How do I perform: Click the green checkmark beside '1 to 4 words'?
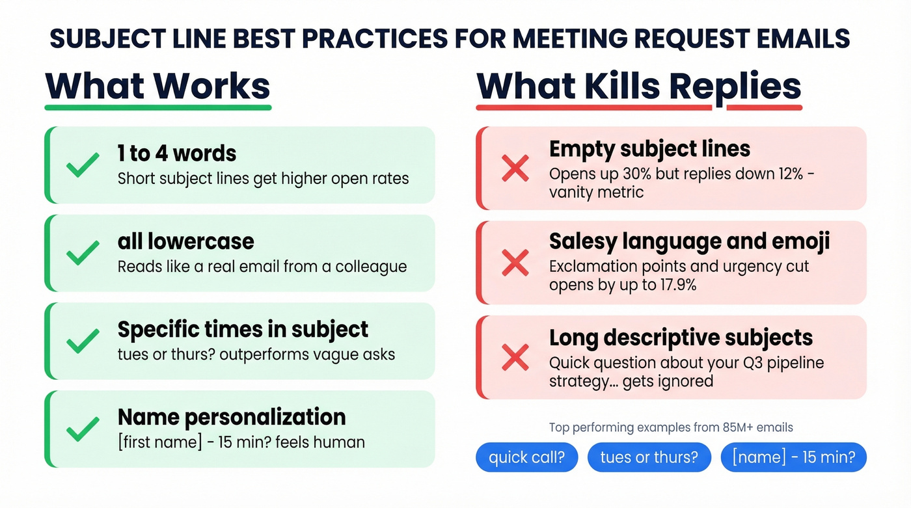[x=83, y=165]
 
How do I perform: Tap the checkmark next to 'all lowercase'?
[x=83, y=252]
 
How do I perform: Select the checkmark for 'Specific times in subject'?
[x=83, y=341]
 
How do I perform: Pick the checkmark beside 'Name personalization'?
[x=83, y=429]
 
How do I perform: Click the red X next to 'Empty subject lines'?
[x=515, y=168]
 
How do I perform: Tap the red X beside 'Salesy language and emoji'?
[x=515, y=263]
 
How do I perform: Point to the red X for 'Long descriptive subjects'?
[x=515, y=357]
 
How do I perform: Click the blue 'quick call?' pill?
[x=527, y=457]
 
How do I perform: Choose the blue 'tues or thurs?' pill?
[x=649, y=457]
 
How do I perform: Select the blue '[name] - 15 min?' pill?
[x=793, y=457]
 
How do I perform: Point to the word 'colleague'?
[x=371, y=267]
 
